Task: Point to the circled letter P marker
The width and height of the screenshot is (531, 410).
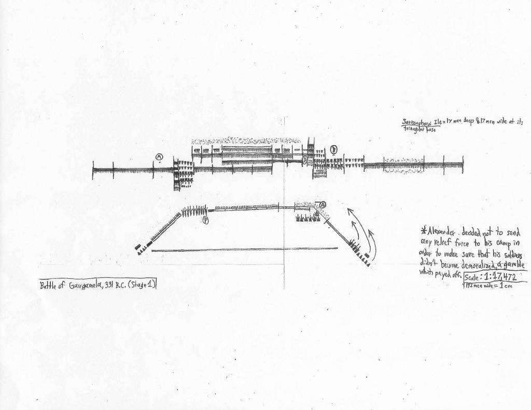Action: [x=205, y=220]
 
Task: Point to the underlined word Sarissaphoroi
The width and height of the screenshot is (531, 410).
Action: [x=417, y=122]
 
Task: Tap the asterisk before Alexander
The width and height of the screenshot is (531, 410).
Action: [x=423, y=231]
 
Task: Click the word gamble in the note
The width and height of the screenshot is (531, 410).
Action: [x=513, y=263]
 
